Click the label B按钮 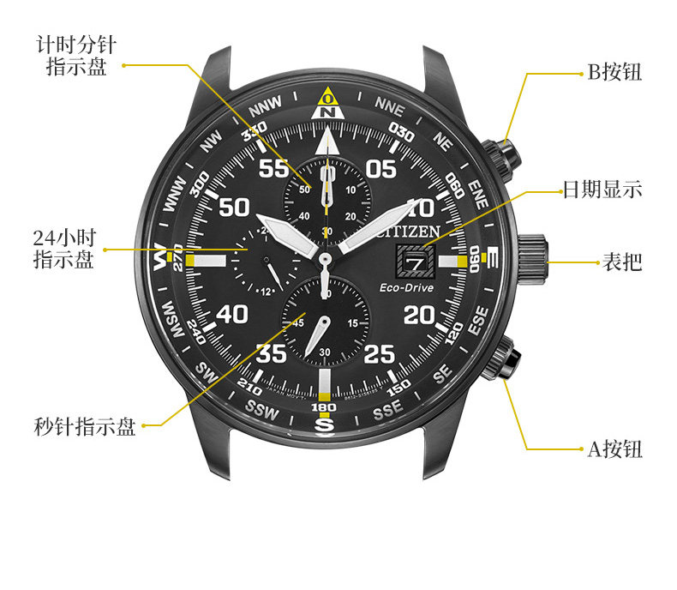coord(614,72)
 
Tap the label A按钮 coord(614,449)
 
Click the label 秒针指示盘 coord(85,426)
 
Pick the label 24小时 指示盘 coord(63,249)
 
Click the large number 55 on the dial coord(274,168)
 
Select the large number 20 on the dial coord(419,315)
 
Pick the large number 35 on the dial coord(273,352)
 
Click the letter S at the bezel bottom coord(325,423)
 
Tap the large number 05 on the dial coord(381,168)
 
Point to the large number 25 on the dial coord(380,352)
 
